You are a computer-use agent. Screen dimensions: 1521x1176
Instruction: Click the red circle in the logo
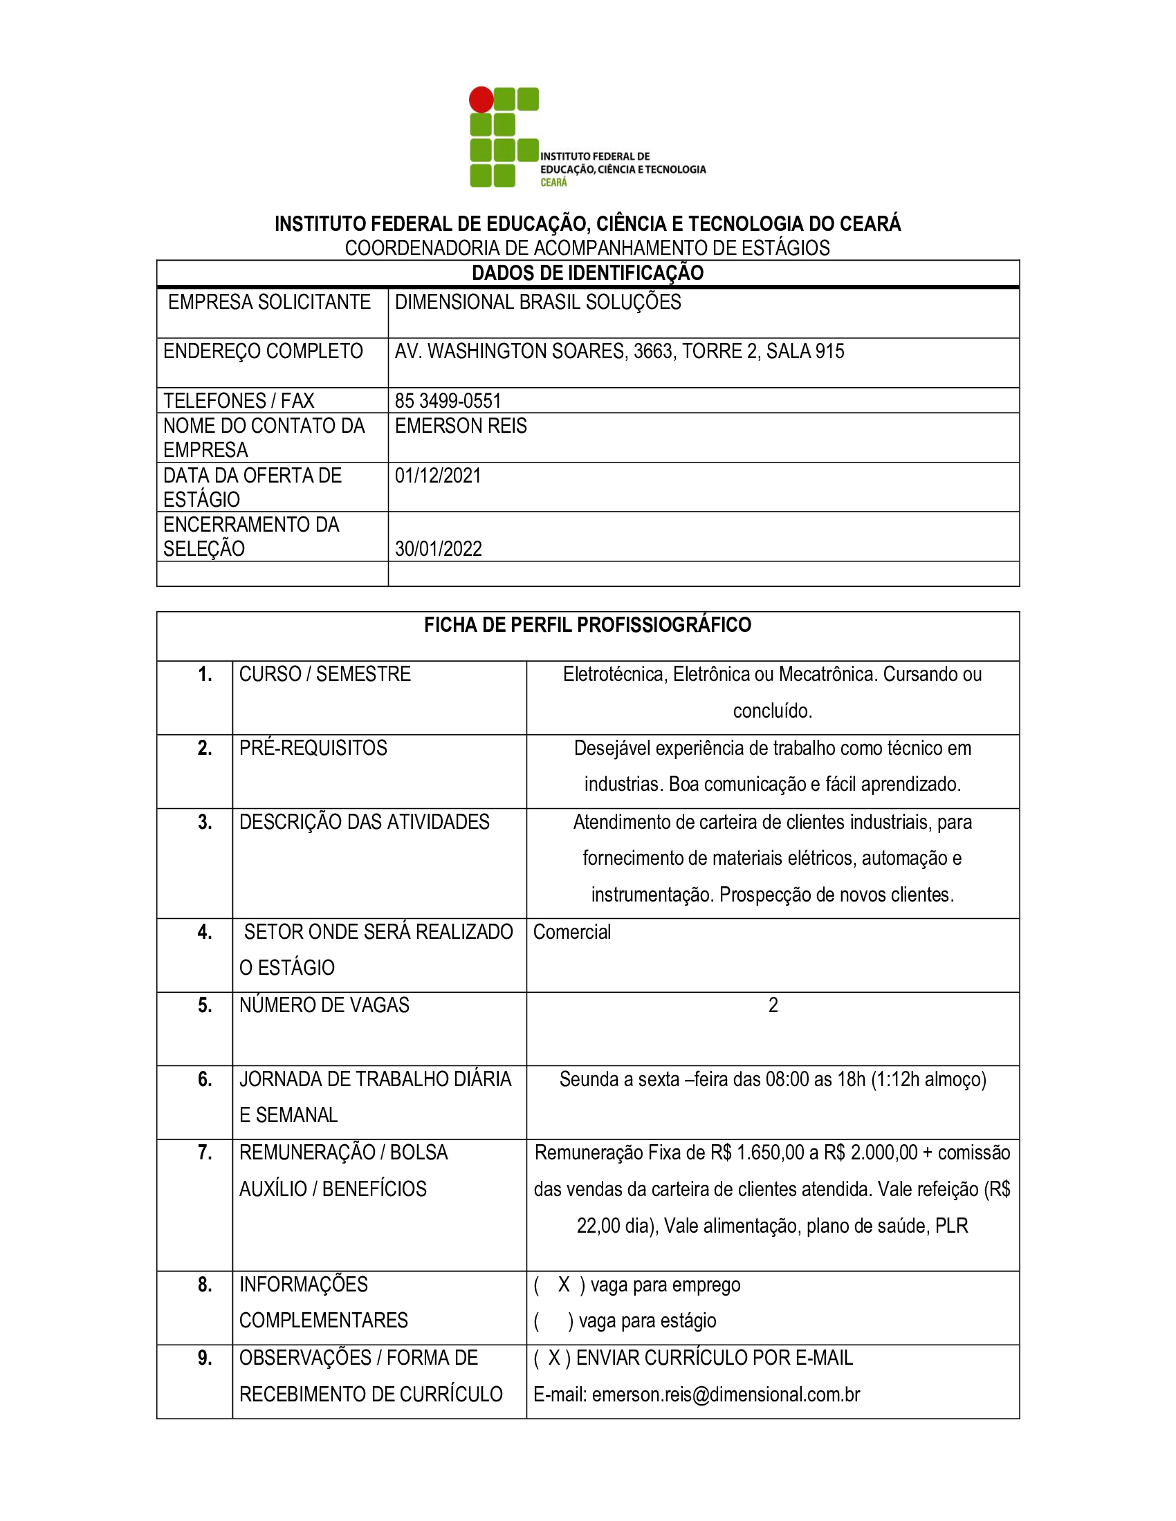pos(481,100)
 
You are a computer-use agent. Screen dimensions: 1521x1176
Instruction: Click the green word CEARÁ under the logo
pos(554,183)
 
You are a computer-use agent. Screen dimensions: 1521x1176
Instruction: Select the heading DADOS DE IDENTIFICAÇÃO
pos(587,273)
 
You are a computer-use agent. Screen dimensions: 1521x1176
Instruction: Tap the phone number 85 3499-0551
pos(448,400)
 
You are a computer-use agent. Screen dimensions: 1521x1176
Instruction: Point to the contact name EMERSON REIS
pos(461,425)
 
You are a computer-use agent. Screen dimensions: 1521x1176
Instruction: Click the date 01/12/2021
pos(437,476)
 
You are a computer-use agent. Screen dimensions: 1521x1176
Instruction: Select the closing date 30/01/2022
pos(438,549)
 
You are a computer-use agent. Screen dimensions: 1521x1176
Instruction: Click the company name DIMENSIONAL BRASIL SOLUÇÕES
pos(538,302)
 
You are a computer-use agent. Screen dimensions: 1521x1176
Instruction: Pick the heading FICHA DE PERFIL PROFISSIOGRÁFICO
pos(587,625)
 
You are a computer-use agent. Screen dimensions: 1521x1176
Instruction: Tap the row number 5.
pos(205,1006)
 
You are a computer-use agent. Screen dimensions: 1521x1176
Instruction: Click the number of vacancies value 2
pos(773,1006)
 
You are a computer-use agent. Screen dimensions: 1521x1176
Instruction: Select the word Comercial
pos(572,932)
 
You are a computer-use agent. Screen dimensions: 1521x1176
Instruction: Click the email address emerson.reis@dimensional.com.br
pos(726,1395)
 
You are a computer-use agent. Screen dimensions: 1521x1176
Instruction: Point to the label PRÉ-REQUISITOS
pos(313,748)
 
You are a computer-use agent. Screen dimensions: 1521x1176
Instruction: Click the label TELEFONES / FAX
pos(238,400)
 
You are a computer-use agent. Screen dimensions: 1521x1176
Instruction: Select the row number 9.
pos(205,1358)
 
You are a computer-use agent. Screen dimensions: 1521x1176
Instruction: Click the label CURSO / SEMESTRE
pos(324,674)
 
